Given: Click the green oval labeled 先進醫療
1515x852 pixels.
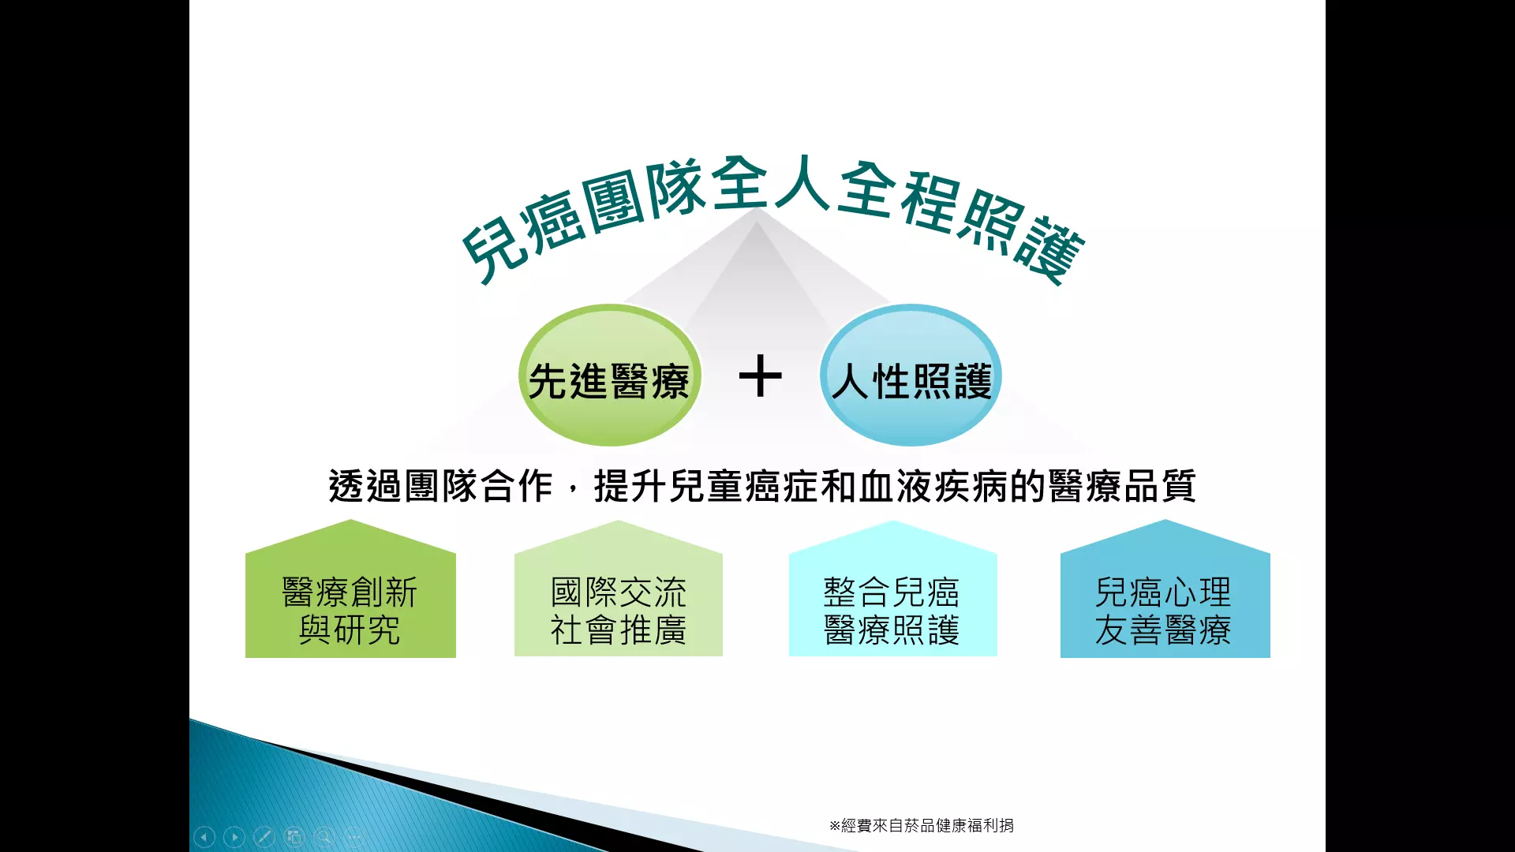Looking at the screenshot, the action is point(609,376).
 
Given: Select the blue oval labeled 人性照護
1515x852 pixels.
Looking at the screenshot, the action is point(911,376).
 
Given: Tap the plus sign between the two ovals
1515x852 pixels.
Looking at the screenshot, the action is point(761,376).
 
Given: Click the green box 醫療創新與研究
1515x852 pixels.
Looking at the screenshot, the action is point(350,589).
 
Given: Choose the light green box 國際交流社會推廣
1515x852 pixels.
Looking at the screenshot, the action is point(619,589).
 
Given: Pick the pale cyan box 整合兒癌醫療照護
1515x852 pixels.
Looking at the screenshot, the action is point(892,589).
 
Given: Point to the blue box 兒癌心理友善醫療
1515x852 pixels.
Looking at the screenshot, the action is point(1165,589).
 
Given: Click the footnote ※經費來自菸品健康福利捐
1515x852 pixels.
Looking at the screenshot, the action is point(922,825).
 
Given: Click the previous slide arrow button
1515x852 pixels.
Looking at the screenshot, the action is point(204,837).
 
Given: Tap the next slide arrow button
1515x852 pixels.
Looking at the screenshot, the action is point(234,837).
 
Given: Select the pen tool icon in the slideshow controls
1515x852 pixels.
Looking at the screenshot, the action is point(264,837).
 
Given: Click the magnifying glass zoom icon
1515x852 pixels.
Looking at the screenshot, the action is point(324,837).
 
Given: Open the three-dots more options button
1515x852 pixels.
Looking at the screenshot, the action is point(354,837).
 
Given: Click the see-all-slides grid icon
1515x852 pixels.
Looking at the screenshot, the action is point(294,837).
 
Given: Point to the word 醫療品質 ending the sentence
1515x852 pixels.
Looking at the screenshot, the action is point(1122,486).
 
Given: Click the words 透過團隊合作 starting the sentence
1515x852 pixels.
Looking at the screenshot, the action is point(440,486).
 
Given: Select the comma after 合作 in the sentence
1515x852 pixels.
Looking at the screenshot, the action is point(574,493).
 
